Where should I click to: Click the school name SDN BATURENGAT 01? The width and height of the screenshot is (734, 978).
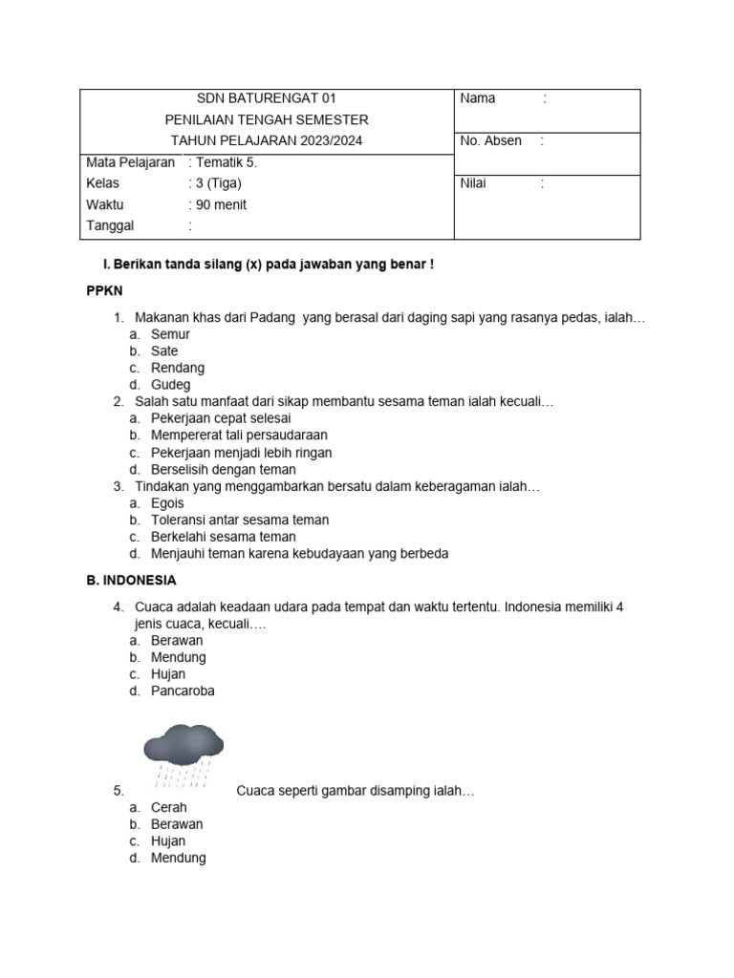tap(266, 98)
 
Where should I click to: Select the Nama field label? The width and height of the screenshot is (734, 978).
tap(478, 98)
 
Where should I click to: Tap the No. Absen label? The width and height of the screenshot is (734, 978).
tap(490, 141)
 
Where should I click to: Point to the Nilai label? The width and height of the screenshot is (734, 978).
tap(473, 183)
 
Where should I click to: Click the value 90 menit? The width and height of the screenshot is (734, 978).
tap(221, 204)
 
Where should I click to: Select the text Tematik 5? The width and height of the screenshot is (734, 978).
tap(227, 162)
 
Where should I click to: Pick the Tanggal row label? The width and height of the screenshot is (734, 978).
tap(110, 226)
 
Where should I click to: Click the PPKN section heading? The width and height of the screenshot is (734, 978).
tap(105, 290)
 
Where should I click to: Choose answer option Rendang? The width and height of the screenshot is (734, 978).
tap(178, 368)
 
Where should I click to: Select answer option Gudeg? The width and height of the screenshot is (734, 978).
tap(171, 385)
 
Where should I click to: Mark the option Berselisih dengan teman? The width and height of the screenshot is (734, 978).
tap(224, 470)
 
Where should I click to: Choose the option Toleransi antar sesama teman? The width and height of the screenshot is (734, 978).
tap(240, 521)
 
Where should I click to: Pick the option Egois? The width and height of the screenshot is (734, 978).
tap(167, 503)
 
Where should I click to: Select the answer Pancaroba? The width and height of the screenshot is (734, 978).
tap(183, 691)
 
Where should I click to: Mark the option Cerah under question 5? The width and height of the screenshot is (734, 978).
tap(169, 807)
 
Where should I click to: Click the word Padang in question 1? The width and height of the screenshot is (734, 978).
tap(273, 317)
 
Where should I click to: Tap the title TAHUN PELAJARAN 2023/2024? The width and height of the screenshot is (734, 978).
tap(266, 141)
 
